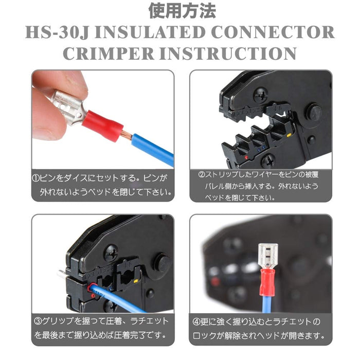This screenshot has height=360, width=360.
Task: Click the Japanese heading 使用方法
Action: pos(182,11)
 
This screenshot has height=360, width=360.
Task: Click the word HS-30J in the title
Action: pos(57,32)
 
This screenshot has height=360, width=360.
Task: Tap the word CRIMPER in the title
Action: pos(109,53)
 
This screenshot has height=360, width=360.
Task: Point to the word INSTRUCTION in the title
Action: pos(228,53)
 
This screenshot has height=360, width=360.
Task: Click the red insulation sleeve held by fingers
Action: pos(103,125)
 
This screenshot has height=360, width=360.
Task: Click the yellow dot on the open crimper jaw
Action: pos(289,135)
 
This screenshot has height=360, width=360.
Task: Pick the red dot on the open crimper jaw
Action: pos(246,157)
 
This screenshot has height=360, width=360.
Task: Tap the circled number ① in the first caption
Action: pos(36,178)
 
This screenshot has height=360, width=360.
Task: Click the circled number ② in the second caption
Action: pos(202,174)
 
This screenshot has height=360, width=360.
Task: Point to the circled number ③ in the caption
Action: pos(38,321)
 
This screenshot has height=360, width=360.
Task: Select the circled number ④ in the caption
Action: pos(196,322)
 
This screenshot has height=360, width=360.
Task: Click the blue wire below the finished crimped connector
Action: pos(267,304)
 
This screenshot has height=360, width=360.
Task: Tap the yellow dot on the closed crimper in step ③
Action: pos(135,281)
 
